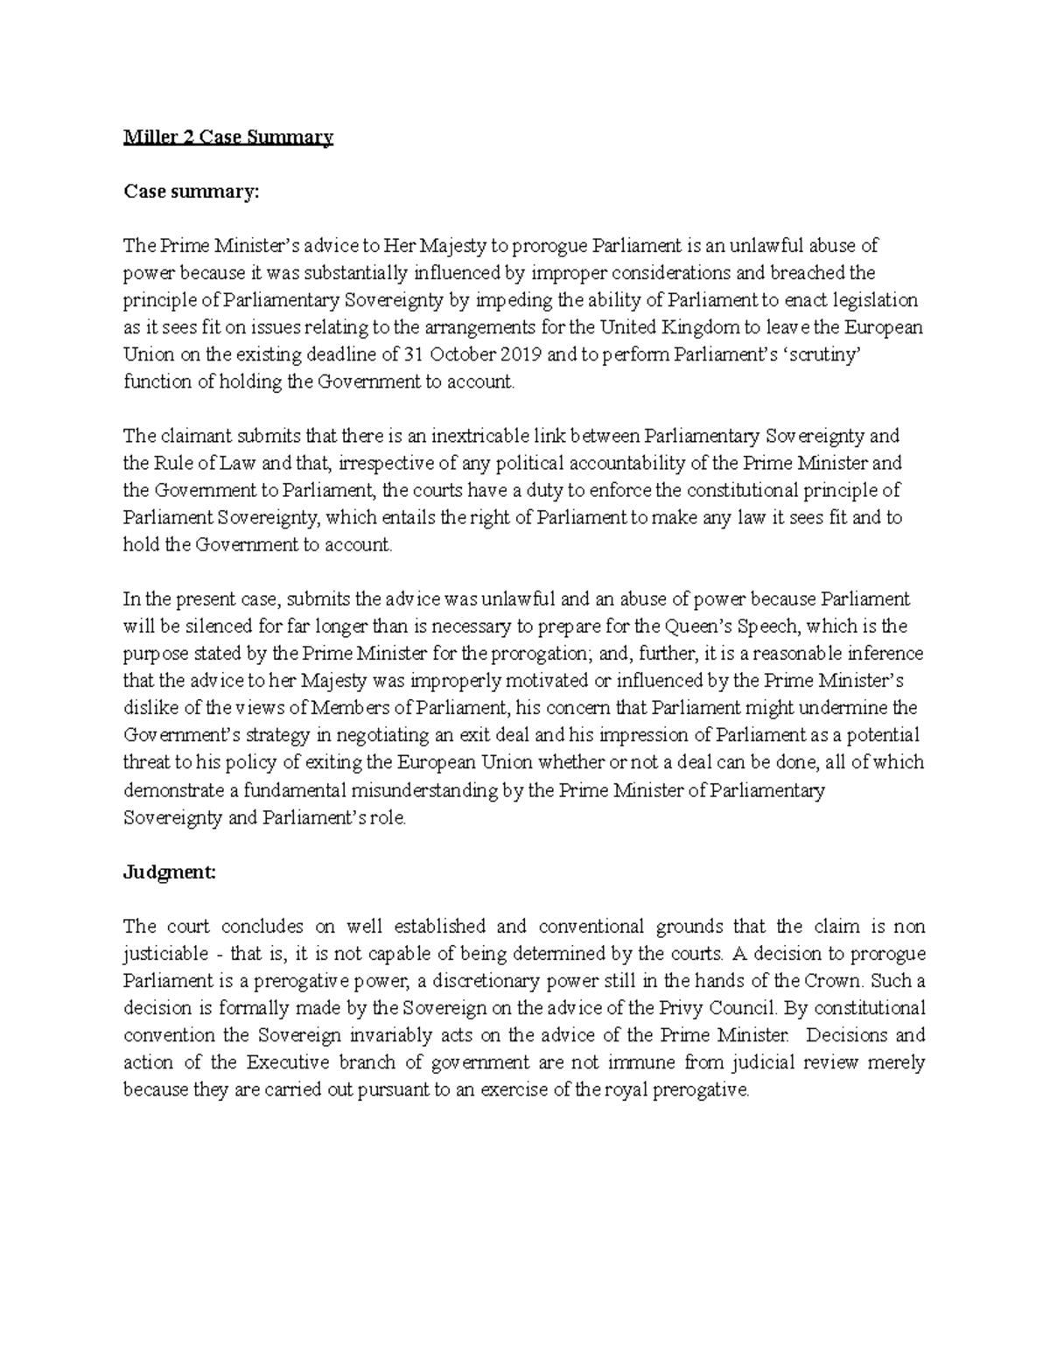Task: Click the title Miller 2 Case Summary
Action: click(227, 137)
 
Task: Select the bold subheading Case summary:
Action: click(192, 192)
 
